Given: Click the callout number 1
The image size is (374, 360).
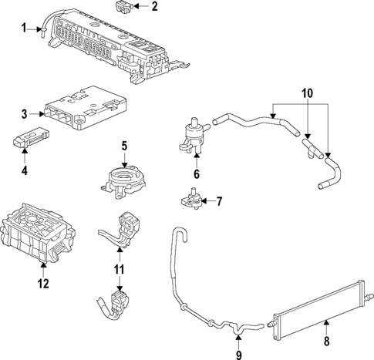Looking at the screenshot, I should point(23,29).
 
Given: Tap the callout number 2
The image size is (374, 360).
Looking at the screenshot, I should point(154,8).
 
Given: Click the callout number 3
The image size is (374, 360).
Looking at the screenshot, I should point(24,114).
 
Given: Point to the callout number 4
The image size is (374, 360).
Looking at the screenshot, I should point(24,169).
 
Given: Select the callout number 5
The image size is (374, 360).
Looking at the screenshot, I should point(124,144).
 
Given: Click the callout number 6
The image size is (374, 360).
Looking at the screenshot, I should point(196,175).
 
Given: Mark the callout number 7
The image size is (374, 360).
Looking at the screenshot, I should point(219,203).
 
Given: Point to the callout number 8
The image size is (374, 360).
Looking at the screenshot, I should point(326,341).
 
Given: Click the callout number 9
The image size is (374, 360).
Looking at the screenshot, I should point(239,355).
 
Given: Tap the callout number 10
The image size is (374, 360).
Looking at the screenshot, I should point(306,93).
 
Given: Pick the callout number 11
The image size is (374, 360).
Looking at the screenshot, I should point(118,270).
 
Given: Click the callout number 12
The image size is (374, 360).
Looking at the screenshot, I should point(43,284).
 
